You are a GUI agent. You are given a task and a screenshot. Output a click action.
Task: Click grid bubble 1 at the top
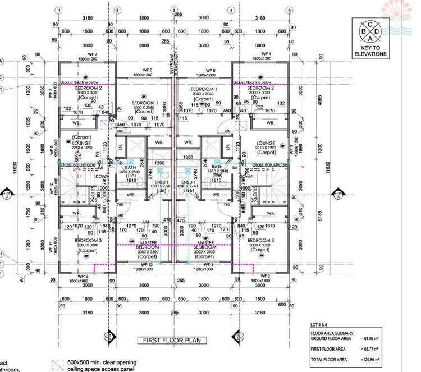(60, 10)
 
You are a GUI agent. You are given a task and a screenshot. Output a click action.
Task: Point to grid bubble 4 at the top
(231, 10)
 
